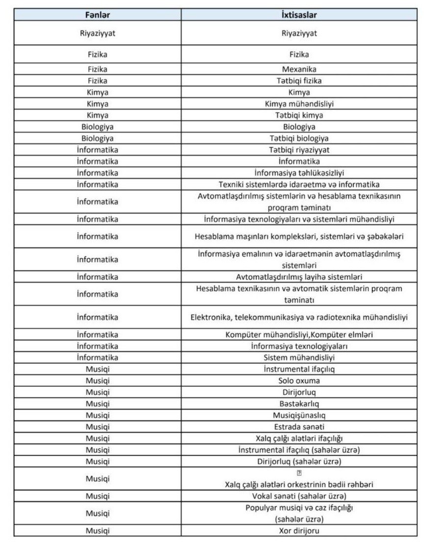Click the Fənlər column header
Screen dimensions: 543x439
pyautogui.click(x=98, y=15)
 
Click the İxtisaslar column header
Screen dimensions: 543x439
pyautogui.click(x=299, y=15)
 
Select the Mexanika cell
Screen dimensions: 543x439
pyautogui.click(x=299, y=69)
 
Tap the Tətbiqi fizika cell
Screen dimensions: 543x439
pyautogui.click(x=299, y=81)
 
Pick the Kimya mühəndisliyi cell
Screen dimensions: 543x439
pyautogui.click(x=299, y=104)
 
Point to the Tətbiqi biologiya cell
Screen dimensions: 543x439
pyautogui.click(x=299, y=138)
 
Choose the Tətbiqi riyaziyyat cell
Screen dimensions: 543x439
pyautogui.click(x=299, y=149)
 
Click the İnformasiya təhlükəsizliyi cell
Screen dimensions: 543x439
pyautogui.click(x=299, y=172)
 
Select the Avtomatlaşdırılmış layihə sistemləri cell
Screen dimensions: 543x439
pyautogui.click(x=299, y=277)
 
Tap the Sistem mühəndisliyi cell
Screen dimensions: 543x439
pyautogui.click(x=299, y=357)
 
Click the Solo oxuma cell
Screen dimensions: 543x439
pyautogui.click(x=299, y=380)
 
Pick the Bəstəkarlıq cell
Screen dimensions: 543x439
pyautogui.click(x=299, y=404)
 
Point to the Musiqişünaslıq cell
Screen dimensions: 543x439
pyautogui.click(x=299, y=415)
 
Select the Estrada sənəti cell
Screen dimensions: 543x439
pyautogui.click(x=299, y=427)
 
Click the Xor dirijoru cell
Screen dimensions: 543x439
pyautogui.click(x=299, y=531)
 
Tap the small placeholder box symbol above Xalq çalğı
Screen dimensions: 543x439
pyautogui.click(x=299, y=473)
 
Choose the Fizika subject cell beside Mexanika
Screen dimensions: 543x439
pyautogui.click(x=98, y=69)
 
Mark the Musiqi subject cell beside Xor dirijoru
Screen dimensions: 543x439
pyautogui.click(x=98, y=531)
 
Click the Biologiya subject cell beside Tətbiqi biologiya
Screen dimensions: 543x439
pyautogui.click(x=98, y=138)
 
